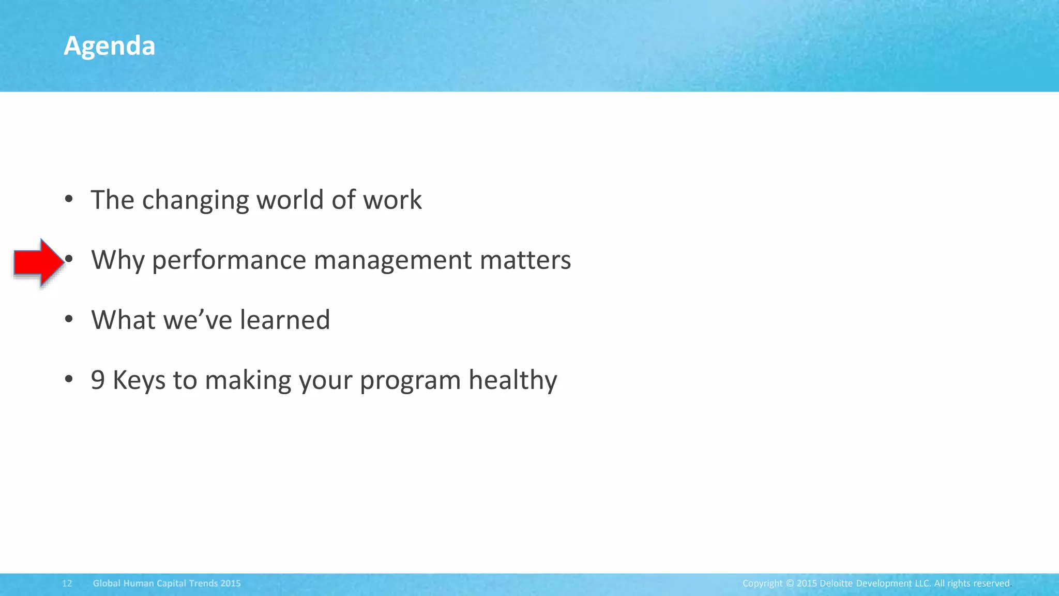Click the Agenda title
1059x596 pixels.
109,46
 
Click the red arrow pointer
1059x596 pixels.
38,262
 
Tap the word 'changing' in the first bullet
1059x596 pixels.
195,200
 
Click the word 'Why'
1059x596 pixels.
117,260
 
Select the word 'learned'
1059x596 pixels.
285,320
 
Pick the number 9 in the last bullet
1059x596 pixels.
98,380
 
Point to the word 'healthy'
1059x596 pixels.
512,380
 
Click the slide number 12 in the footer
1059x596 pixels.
67,584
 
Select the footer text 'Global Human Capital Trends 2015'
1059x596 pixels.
167,584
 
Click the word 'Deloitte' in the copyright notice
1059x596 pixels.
836,584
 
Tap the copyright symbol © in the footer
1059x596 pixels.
790,584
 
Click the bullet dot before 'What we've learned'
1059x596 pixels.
69,319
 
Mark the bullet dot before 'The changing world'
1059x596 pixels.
69,199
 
